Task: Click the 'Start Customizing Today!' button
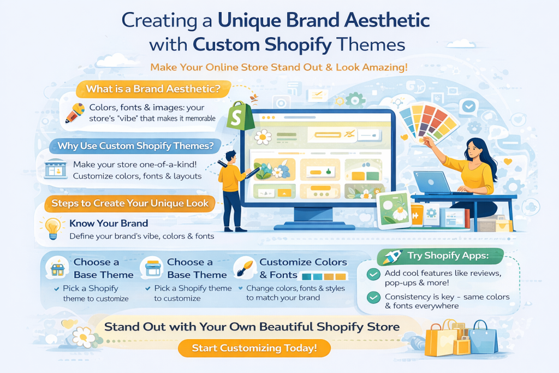click(x=254, y=348)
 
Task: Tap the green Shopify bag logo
click(x=241, y=116)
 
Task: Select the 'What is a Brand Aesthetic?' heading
click(x=153, y=89)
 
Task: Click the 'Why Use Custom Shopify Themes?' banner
click(x=135, y=146)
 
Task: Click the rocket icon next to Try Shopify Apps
click(x=392, y=256)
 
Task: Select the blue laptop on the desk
click(x=433, y=182)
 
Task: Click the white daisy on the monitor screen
click(x=263, y=137)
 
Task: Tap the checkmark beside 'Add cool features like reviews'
click(x=373, y=274)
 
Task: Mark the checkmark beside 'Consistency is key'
click(x=373, y=297)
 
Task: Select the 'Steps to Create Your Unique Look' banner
click(x=130, y=203)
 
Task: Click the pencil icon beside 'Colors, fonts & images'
click(x=75, y=113)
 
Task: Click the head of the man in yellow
click(x=231, y=157)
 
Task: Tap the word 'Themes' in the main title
click(x=371, y=45)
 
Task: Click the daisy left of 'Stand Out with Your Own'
click(x=84, y=336)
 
